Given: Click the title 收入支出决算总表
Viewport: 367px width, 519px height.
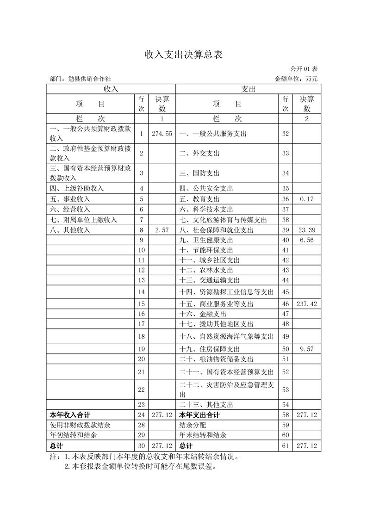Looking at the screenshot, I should point(184,55).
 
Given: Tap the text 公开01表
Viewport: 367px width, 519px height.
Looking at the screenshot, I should point(304,69).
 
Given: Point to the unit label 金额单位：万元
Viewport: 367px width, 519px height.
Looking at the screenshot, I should point(296,79).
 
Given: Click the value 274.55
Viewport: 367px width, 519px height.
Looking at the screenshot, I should point(162,134).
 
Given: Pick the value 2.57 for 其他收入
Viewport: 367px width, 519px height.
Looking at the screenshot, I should point(162,230).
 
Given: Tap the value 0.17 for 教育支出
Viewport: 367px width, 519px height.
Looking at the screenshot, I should point(307,199).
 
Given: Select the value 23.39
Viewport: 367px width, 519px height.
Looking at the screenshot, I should point(307,230).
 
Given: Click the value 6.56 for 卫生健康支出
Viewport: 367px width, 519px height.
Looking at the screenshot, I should point(307,240).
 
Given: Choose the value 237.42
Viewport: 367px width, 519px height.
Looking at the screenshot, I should point(307,304).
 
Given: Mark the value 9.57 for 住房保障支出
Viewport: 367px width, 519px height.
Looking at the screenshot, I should point(307,349).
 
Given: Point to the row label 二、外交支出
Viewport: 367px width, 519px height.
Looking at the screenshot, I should point(199,153).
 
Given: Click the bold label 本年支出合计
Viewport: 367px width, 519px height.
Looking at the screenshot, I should point(199,415).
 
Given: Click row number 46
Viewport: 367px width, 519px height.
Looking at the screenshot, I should point(285,304).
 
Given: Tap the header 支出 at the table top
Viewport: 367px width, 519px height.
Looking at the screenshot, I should point(248,89).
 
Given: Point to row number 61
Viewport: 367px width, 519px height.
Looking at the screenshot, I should point(285,446).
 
